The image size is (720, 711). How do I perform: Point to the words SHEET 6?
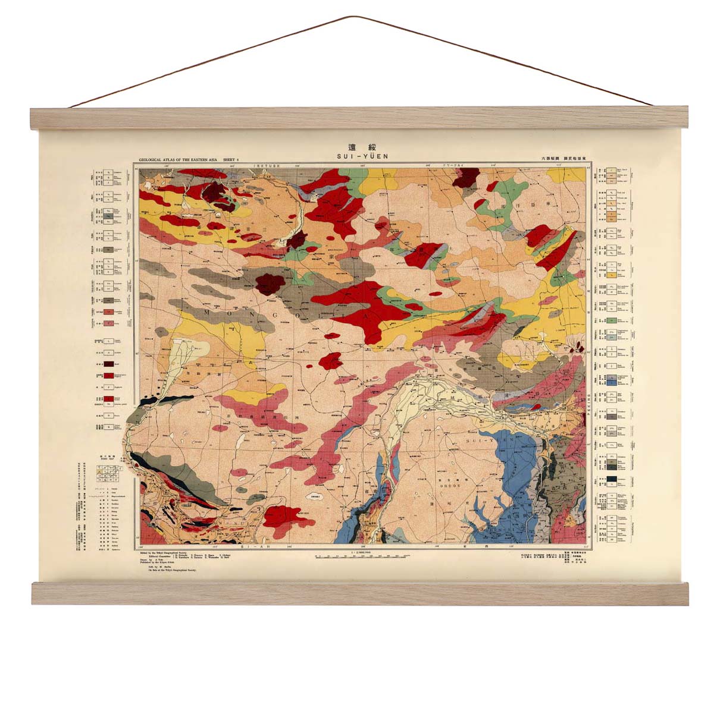click(230, 159)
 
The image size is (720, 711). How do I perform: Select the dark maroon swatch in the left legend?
click(109, 364)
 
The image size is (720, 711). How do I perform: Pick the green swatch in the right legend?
click(611, 321)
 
